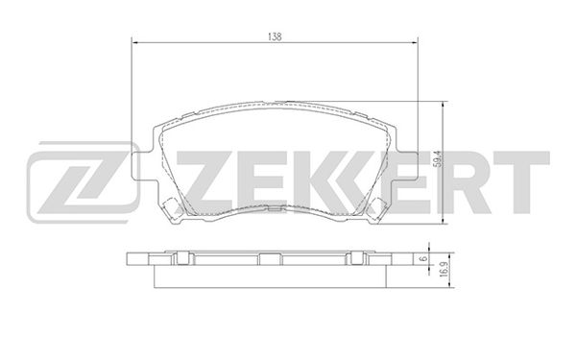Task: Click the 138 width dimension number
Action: click(x=275, y=36)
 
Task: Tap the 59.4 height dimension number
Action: click(x=437, y=159)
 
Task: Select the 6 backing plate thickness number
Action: click(x=424, y=258)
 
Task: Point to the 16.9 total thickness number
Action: click(x=443, y=270)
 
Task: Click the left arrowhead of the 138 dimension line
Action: click(x=134, y=42)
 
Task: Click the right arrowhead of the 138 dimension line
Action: click(x=415, y=42)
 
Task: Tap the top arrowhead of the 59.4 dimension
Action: click(x=444, y=105)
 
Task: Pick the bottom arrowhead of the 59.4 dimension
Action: click(x=444, y=220)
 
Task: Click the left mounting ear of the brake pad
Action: click(x=142, y=166)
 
